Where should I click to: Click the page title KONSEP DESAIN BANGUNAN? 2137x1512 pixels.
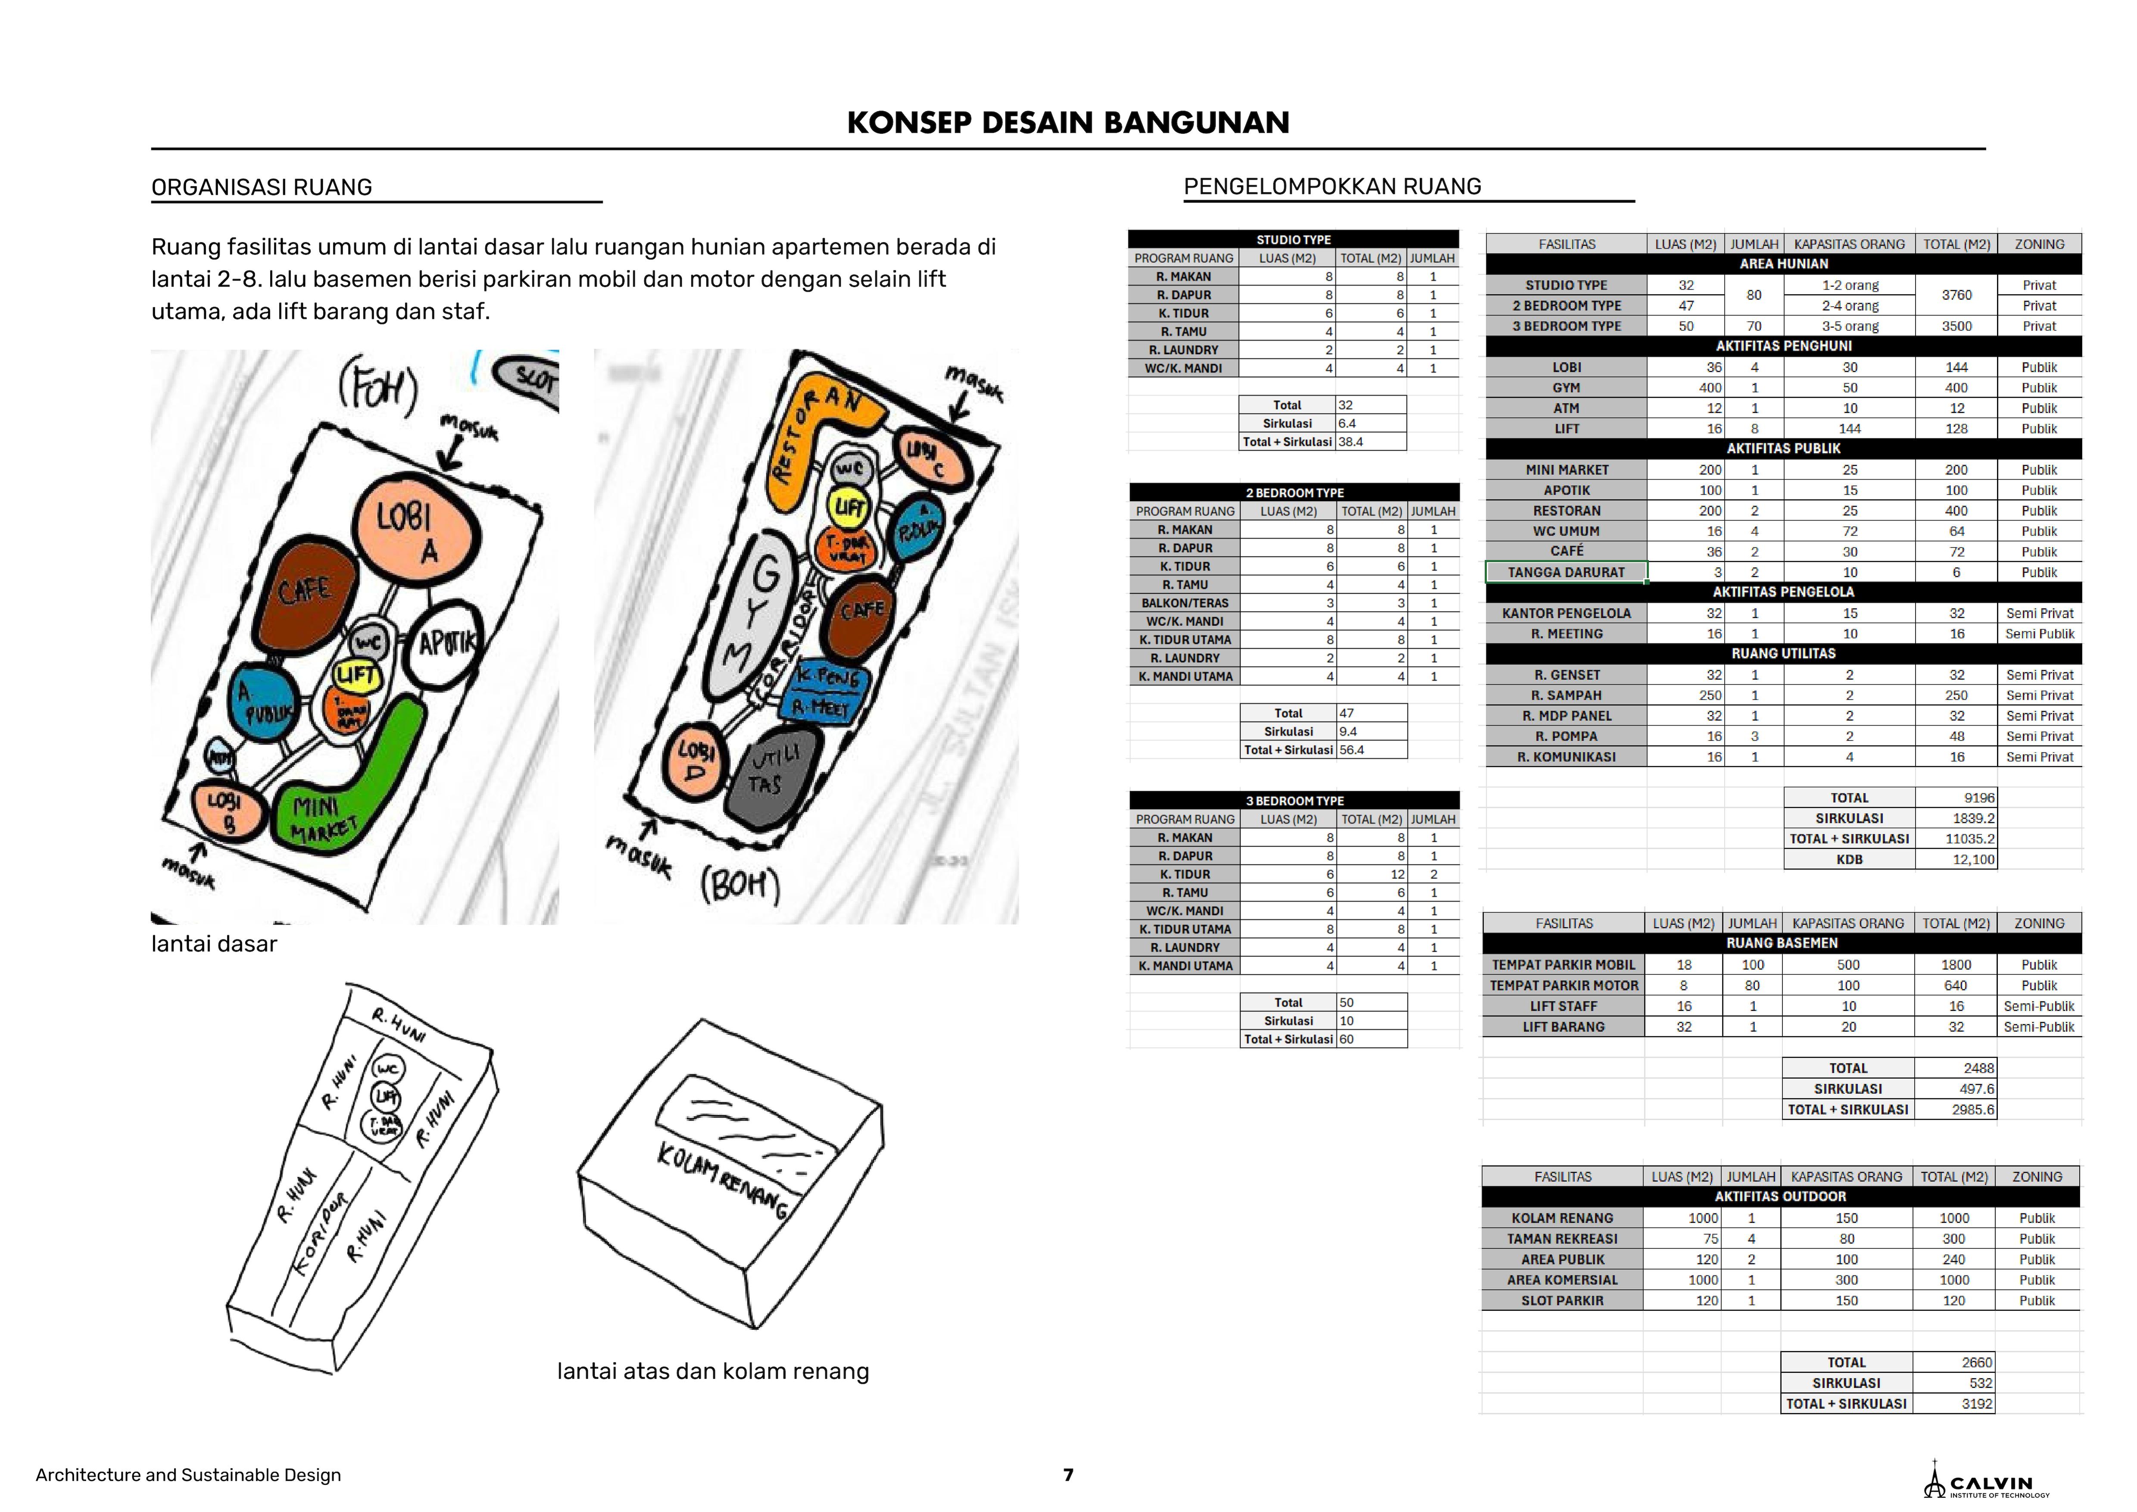point(1068,123)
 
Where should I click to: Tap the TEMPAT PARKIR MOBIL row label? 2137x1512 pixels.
point(1563,964)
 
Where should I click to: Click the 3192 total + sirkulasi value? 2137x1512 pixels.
point(1976,1403)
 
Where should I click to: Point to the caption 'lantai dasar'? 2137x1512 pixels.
point(214,944)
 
